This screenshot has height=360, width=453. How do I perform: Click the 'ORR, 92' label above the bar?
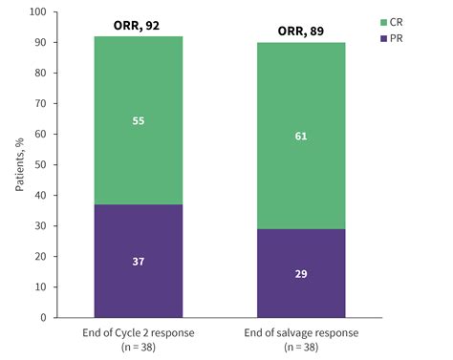click(x=138, y=24)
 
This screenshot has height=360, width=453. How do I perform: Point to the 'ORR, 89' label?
click(x=300, y=30)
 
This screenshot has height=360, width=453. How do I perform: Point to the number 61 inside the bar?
click(x=300, y=136)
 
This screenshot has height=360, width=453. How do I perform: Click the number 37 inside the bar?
click(x=138, y=261)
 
